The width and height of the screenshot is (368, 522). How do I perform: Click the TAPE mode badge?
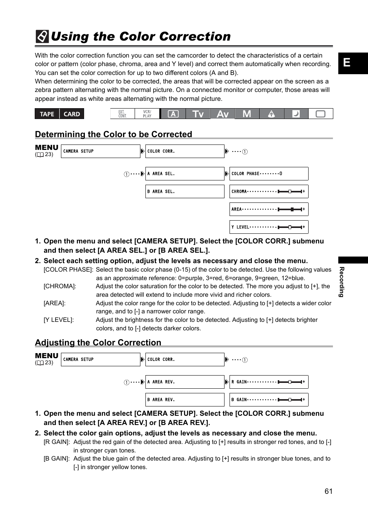click(x=47, y=114)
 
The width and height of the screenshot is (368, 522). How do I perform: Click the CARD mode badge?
click(x=72, y=114)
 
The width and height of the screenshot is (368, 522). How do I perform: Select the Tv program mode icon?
click(x=198, y=114)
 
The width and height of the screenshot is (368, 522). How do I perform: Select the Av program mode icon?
click(x=223, y=114)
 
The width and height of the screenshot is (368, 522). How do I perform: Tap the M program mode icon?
click(x=247, y=114)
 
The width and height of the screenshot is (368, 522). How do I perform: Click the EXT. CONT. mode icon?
click(x=122, y=114)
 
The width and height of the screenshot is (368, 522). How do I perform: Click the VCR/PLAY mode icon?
click(x=147, y=114)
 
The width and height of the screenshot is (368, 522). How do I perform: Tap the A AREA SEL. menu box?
click(x=185, y=174)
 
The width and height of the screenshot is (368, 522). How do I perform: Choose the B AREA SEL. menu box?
click(x=185, y=192)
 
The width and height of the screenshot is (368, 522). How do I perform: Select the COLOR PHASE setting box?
click(x=269, y=174)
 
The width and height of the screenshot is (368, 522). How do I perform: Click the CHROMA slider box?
click(x=269, y=192)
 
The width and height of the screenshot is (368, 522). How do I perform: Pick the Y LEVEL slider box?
click(x=269, y=227)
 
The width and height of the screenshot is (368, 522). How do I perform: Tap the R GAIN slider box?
click(x=269, y=382)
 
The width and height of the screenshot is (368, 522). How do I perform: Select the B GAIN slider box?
click(x=269, y=400)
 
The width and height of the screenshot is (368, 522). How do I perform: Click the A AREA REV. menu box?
click(x=185, y=382)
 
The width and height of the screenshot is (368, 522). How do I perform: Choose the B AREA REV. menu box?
click(x=185, y=400)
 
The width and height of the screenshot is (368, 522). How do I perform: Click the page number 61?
click(x=328, y=491)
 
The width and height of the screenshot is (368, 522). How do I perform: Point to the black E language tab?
click(x=353, y=63)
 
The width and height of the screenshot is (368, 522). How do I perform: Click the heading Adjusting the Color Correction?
click(x=98, y=343)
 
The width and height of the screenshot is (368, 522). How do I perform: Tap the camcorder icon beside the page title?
click(x=42, y=37)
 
